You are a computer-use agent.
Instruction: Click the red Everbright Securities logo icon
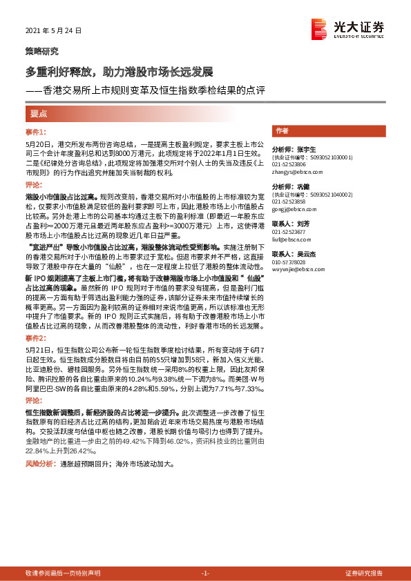click(x=318, y=28)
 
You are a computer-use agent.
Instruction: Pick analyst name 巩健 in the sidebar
click(x=303, y=186)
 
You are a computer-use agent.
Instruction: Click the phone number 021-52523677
click(x=289, y=233)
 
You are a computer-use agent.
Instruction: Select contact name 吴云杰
click(x=303, y=254)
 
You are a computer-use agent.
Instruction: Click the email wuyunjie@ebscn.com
click(x=296, y=270)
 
